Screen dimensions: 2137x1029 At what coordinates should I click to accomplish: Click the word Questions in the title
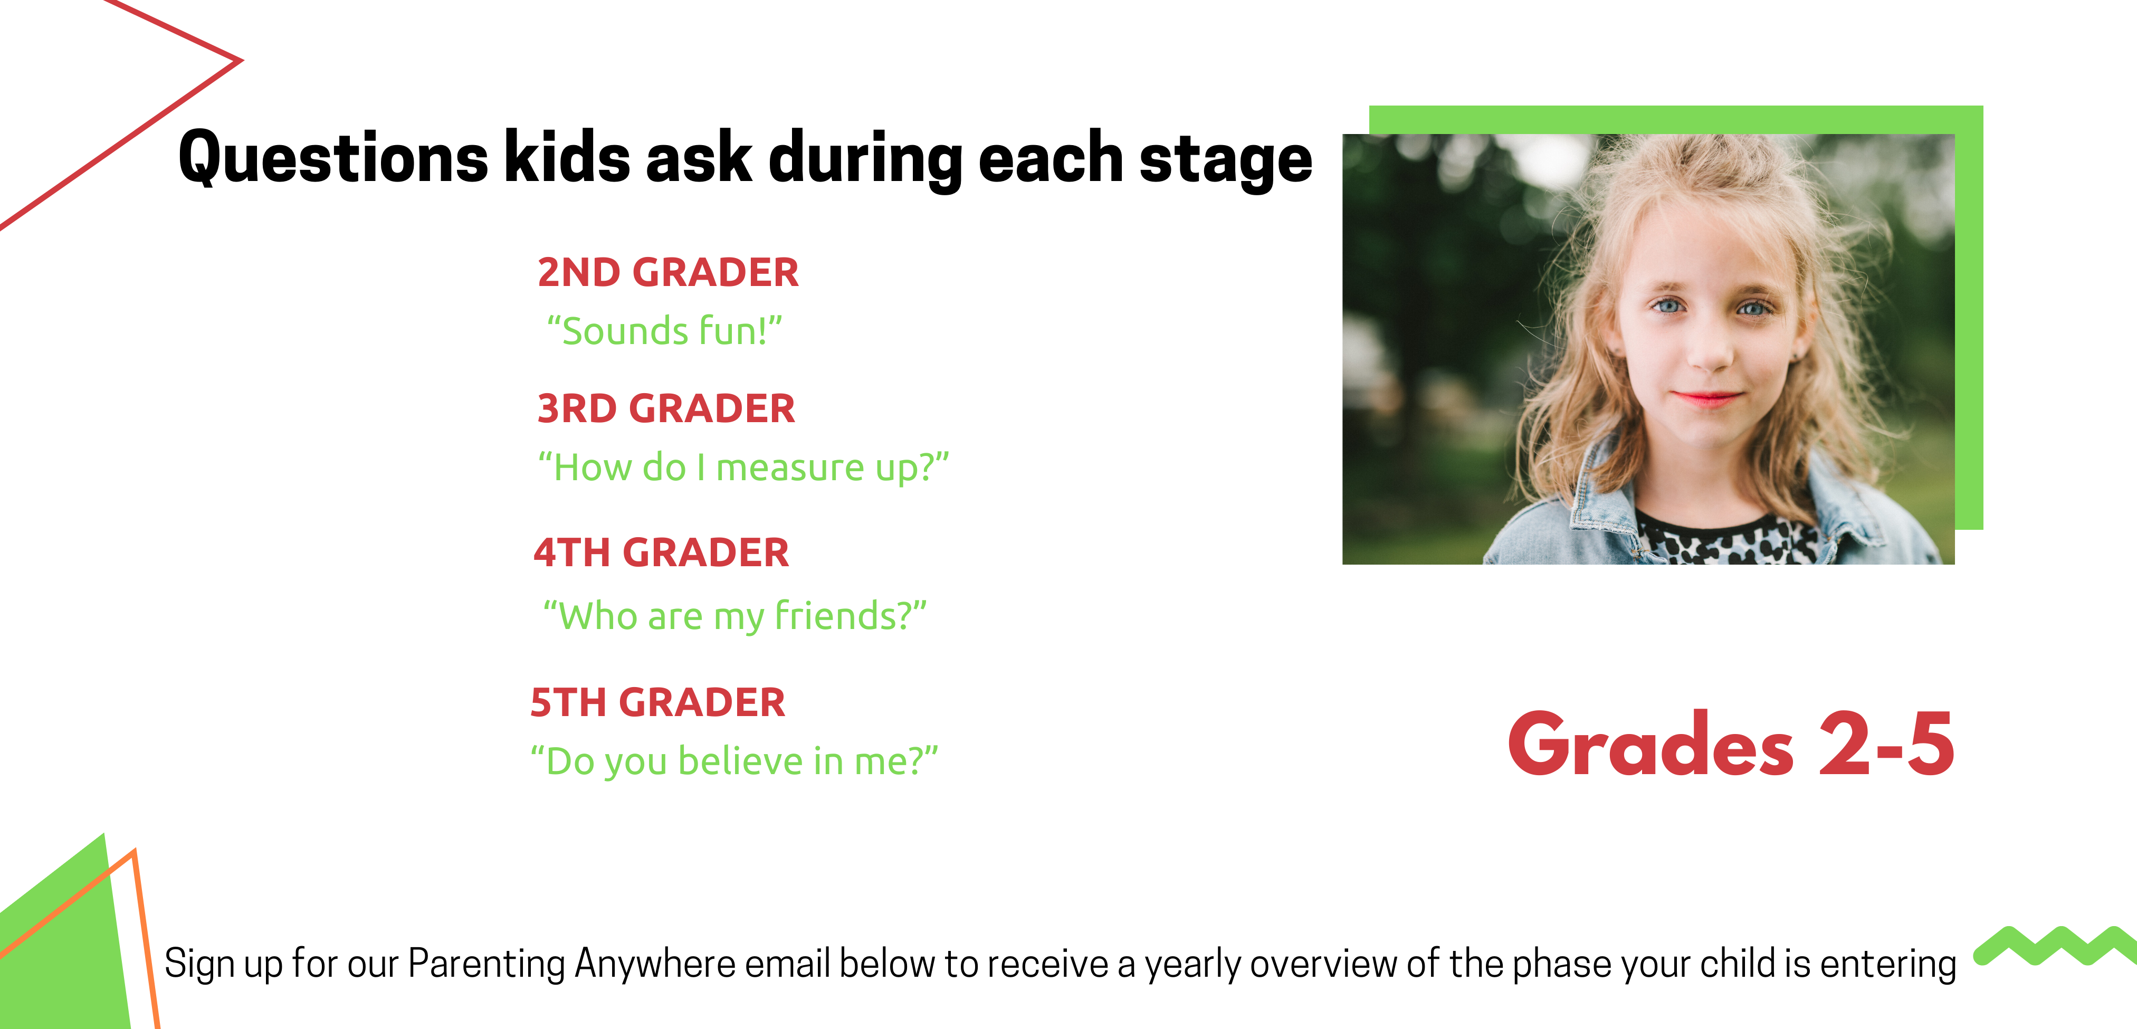[x=333, y=158]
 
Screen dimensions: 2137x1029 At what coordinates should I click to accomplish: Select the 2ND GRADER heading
[x=668, y=272]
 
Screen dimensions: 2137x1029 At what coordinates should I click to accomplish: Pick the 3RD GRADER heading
[x=666, y=408]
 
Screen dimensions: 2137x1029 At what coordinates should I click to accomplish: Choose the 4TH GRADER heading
[x=661, y=552]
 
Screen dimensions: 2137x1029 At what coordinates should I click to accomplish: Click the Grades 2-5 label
[x=1731, y=745]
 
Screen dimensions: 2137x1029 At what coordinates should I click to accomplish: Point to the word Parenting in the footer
[x=486, y=964]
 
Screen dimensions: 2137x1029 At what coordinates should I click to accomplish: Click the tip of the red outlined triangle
[x=242, y=60]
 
